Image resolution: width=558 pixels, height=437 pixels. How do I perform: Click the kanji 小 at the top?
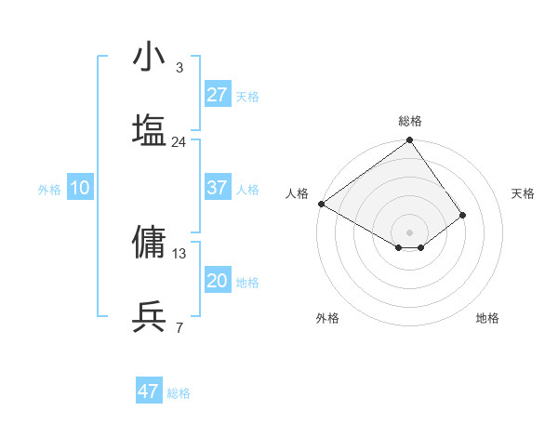149,57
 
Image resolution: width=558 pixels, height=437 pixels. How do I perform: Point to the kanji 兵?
149,317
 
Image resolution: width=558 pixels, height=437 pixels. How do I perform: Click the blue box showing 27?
218,95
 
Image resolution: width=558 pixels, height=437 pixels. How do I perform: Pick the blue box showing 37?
218,188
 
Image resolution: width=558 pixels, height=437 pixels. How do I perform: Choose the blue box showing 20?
218,281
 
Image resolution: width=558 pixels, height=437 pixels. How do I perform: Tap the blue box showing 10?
80,188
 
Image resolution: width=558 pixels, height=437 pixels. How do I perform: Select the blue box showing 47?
149,391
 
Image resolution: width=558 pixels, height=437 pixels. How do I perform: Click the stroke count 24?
179,142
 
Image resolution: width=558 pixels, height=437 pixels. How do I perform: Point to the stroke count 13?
179,253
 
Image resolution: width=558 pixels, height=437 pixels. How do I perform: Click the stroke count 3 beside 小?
179,68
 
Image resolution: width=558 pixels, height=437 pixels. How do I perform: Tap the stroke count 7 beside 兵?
179,328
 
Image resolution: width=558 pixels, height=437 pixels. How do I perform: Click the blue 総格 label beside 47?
179,393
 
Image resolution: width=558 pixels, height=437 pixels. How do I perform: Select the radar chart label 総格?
410,121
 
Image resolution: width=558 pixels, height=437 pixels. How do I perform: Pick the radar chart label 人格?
298,193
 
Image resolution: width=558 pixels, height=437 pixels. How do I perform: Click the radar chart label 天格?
523,193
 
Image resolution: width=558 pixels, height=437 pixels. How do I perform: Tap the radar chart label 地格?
487,318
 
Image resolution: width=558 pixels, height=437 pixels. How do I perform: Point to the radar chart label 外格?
327,318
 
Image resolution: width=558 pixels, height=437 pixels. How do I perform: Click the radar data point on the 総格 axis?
409,141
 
